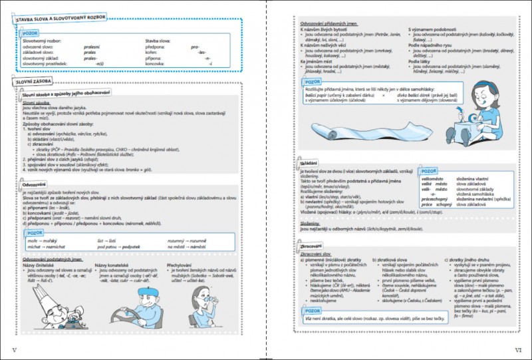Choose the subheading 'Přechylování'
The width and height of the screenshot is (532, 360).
pos(179,265)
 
